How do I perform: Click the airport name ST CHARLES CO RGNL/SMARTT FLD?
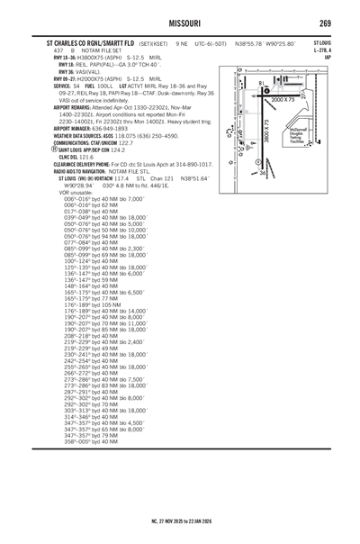91,43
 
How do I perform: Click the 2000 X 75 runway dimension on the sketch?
281,100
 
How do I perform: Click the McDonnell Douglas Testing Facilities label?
294,136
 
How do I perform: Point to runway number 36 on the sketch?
263,172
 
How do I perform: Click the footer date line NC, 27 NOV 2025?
180,520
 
